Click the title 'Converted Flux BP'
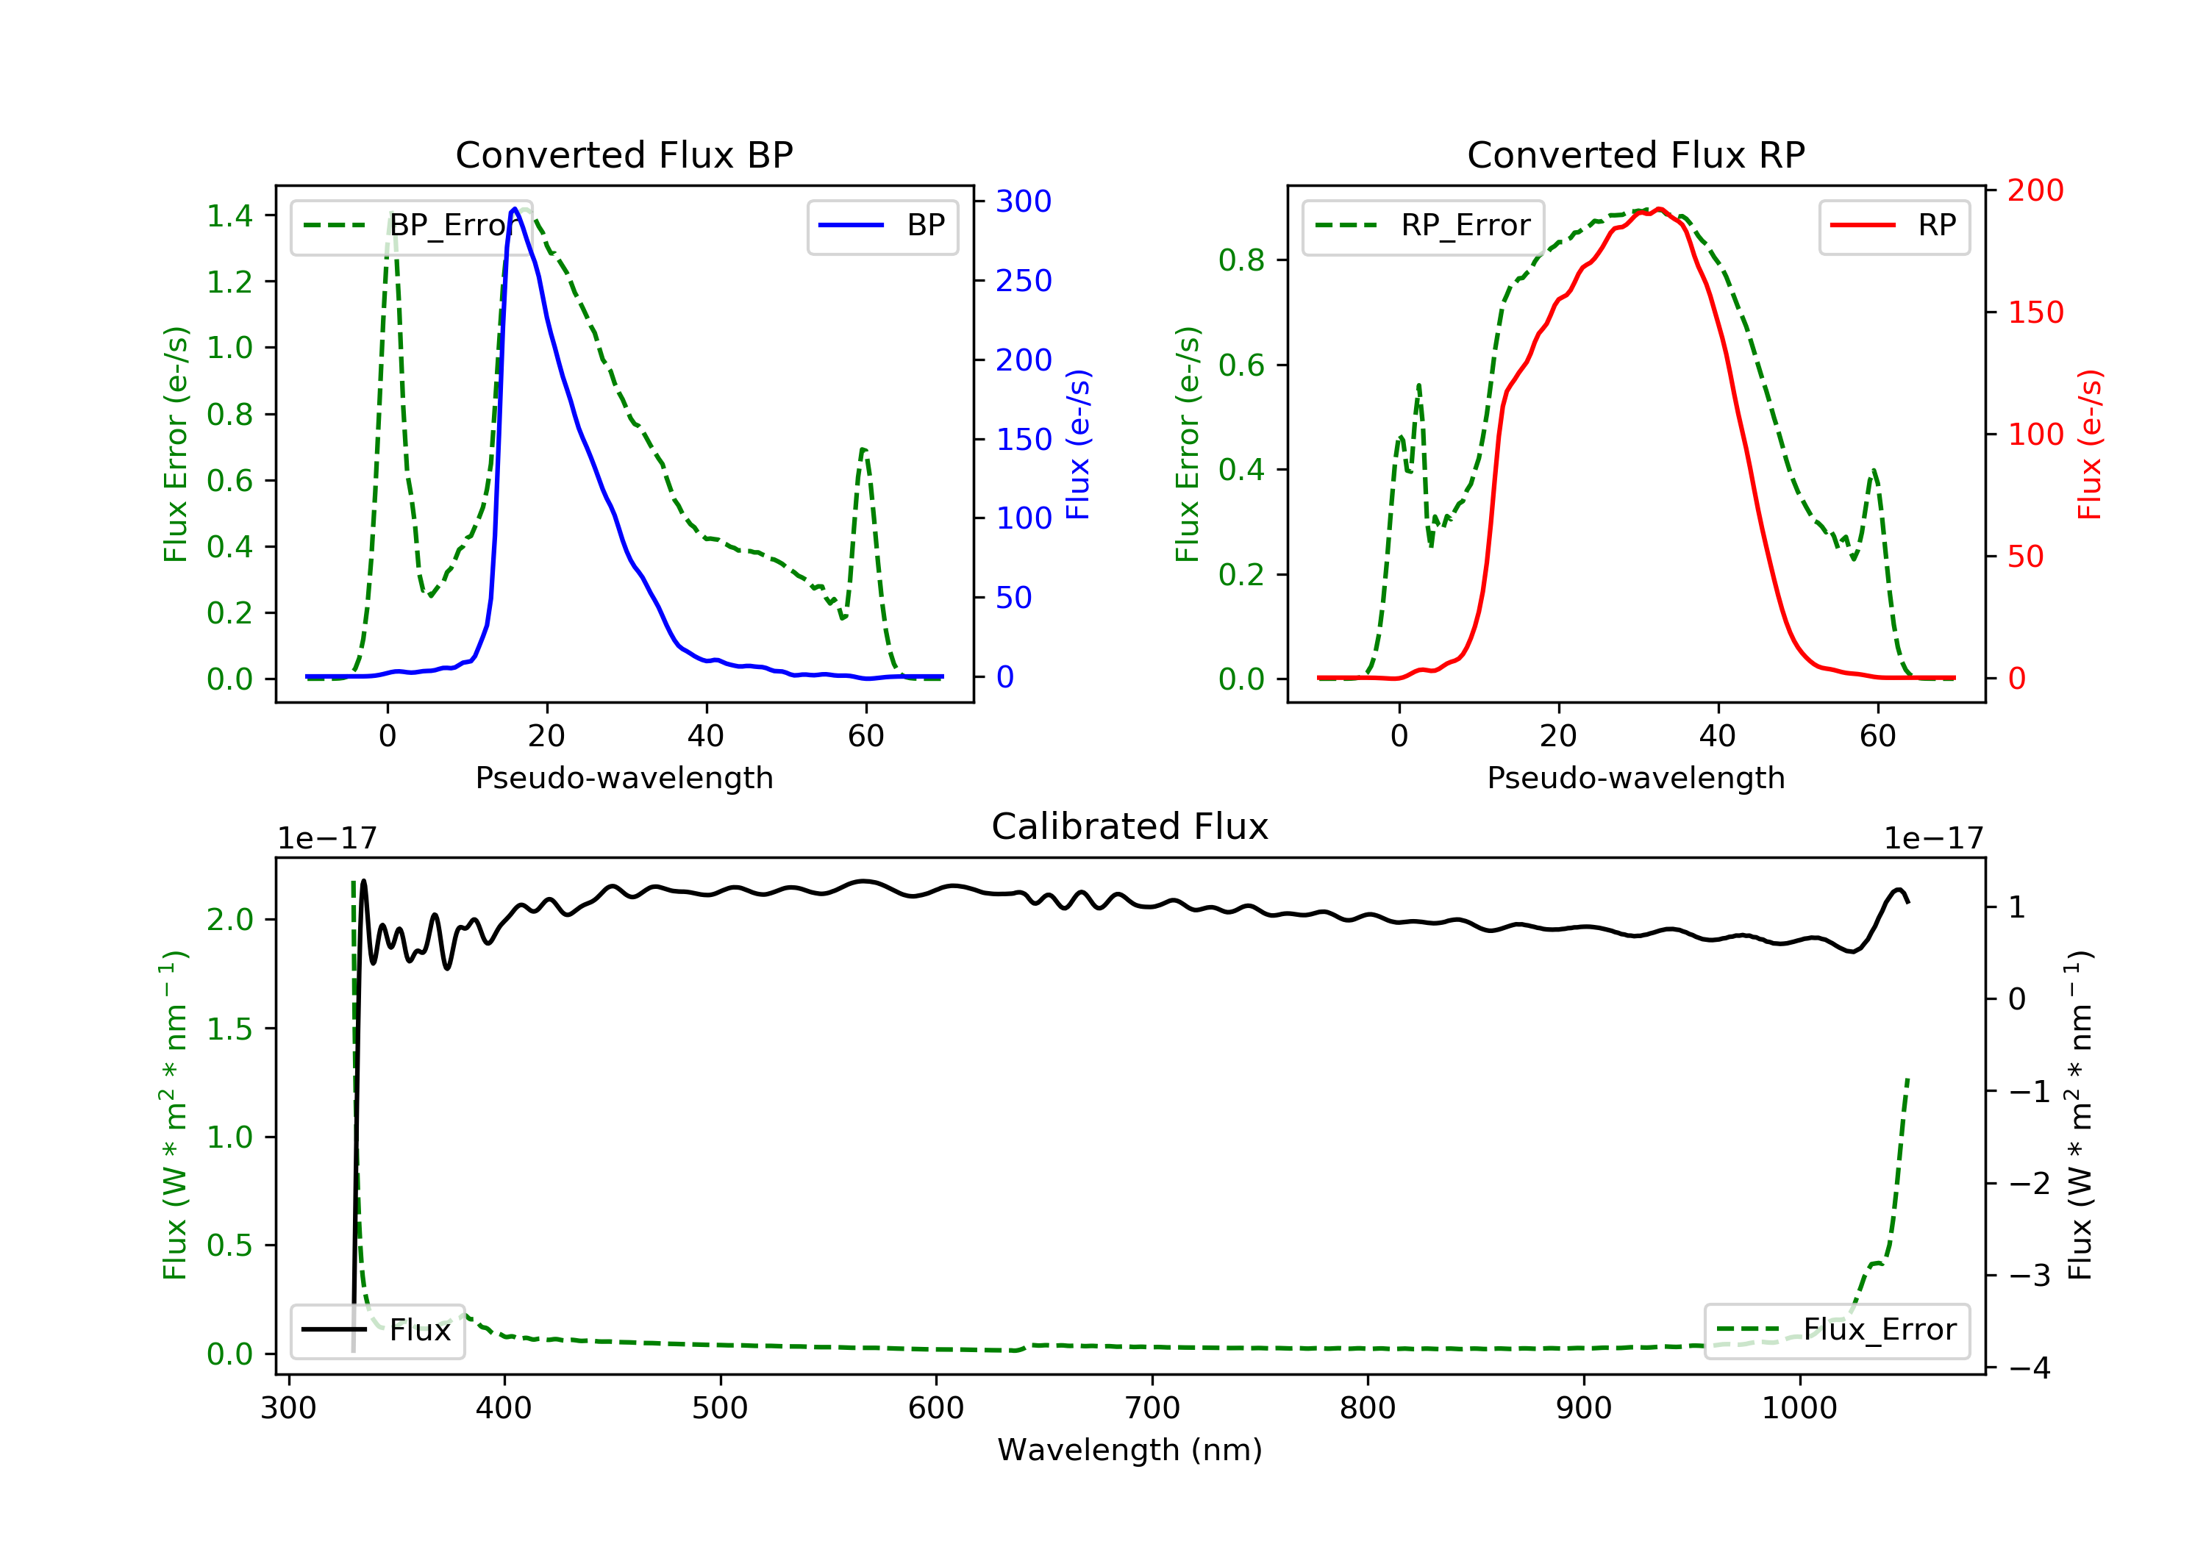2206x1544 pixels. point(624,154)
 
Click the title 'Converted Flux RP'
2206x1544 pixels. point(1635,154)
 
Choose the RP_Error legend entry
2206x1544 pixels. point(1422,226)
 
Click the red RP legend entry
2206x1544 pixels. point(1893,226)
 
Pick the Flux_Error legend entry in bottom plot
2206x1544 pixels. point(1836,1330)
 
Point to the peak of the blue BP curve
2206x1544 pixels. point(515,209)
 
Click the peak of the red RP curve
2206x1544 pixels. point(1660,209)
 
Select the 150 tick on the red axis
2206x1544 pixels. point(2035,312)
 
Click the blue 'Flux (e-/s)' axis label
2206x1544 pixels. point(1078,444)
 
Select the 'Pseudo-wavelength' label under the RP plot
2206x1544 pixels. point(1635,777)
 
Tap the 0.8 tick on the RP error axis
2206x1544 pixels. point(1241,260)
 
